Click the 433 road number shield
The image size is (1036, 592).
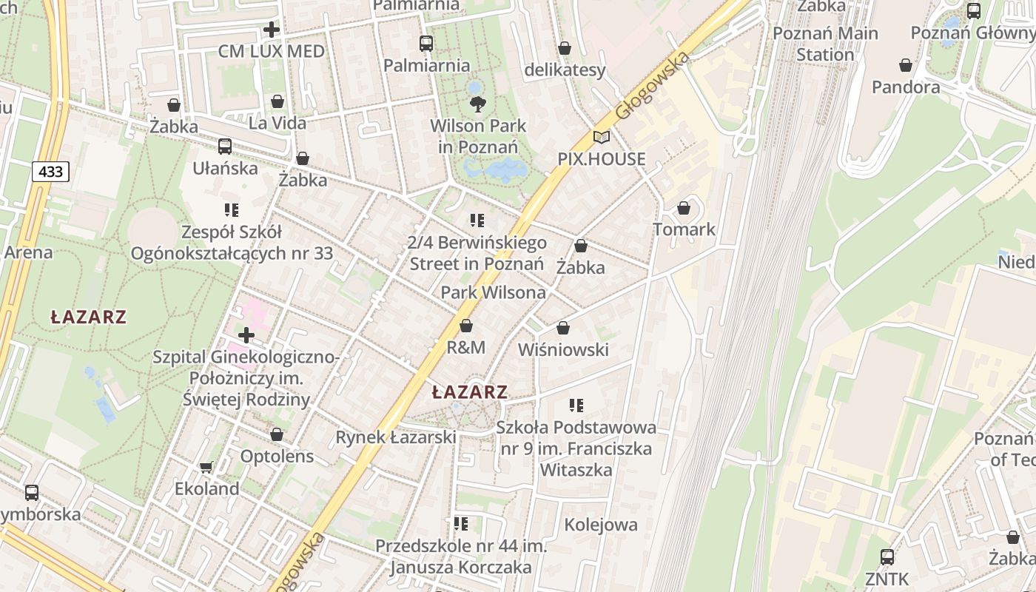pyautogui.click(x=50, y=172)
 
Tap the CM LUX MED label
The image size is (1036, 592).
pyautogui.click(x=272, y=51)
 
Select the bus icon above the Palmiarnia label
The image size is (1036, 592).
pyautogui.click(x=426, y=44)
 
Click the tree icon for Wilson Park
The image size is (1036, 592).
pyautogui.click(x=478, y=104)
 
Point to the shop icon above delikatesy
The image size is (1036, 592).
pyautogui.click(x=565, y=49)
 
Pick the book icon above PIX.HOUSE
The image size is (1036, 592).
pyautogui.click(x=602, y=138)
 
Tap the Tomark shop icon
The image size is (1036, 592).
pyautogui.click(x=684, y=208)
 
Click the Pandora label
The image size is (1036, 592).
pyautogui.click(x=906, y=87)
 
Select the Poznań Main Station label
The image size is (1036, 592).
pyautogui.click(x=825, y=44)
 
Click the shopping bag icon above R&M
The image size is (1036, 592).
pyautogui.click(x=466, y=326)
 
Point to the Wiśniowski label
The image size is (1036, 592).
pyautogui.click(x=564, y=349)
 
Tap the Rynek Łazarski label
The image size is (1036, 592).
pyautogui.click(x=396, y=437)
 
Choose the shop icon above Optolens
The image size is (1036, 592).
pyautogui.click(x=277, y=434)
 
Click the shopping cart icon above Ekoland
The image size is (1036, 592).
pyautogui.click(x=206, y=467)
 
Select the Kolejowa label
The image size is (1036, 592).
pyautogui.click(x=601, y=525)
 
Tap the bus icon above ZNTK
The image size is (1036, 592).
pyautogui.click(x=887, y=556)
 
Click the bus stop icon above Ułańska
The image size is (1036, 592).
pyautogui.click(x=225, y=147)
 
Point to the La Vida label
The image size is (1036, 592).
pyautogui.click(x=277, y=123)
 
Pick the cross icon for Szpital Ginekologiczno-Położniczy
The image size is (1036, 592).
pyautogui.click(x=246, y=335)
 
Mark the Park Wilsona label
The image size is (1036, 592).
pyautogui.click(x=494, y=292)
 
